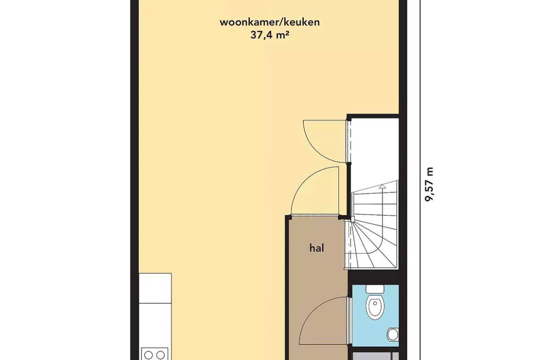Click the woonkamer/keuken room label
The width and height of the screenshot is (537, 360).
point(269,22)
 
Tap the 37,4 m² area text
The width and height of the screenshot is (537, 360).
point(268,35)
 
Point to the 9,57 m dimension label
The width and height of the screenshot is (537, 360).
point(429,184)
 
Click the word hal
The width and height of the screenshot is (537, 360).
point(317,248)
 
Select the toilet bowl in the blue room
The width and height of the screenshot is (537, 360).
point(374,307)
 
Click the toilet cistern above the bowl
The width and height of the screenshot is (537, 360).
point(374,289)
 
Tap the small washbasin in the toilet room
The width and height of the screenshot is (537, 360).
point(393,334)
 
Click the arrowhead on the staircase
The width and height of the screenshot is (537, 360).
point(382,187)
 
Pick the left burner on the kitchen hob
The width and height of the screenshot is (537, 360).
point(148,355)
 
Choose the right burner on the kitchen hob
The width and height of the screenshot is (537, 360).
point(160,355)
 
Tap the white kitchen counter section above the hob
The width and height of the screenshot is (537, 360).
point(155,288)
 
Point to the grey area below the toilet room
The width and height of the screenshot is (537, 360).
point(375,354)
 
